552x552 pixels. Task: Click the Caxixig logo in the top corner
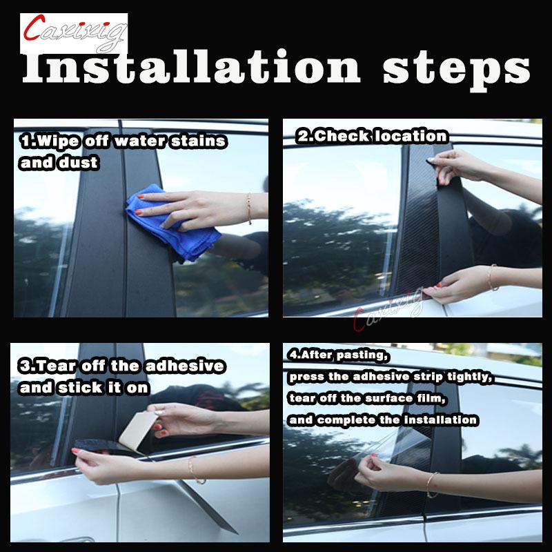point(74,33)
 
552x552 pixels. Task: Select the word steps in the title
point(457,70)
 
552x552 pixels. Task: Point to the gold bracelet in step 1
point(249,208)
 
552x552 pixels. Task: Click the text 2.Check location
point(372,136)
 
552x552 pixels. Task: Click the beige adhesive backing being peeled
point(138,430)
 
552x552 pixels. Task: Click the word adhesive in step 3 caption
point(185,366)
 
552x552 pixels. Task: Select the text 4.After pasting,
point(338,355)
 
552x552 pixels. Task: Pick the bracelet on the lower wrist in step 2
point(492,277)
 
